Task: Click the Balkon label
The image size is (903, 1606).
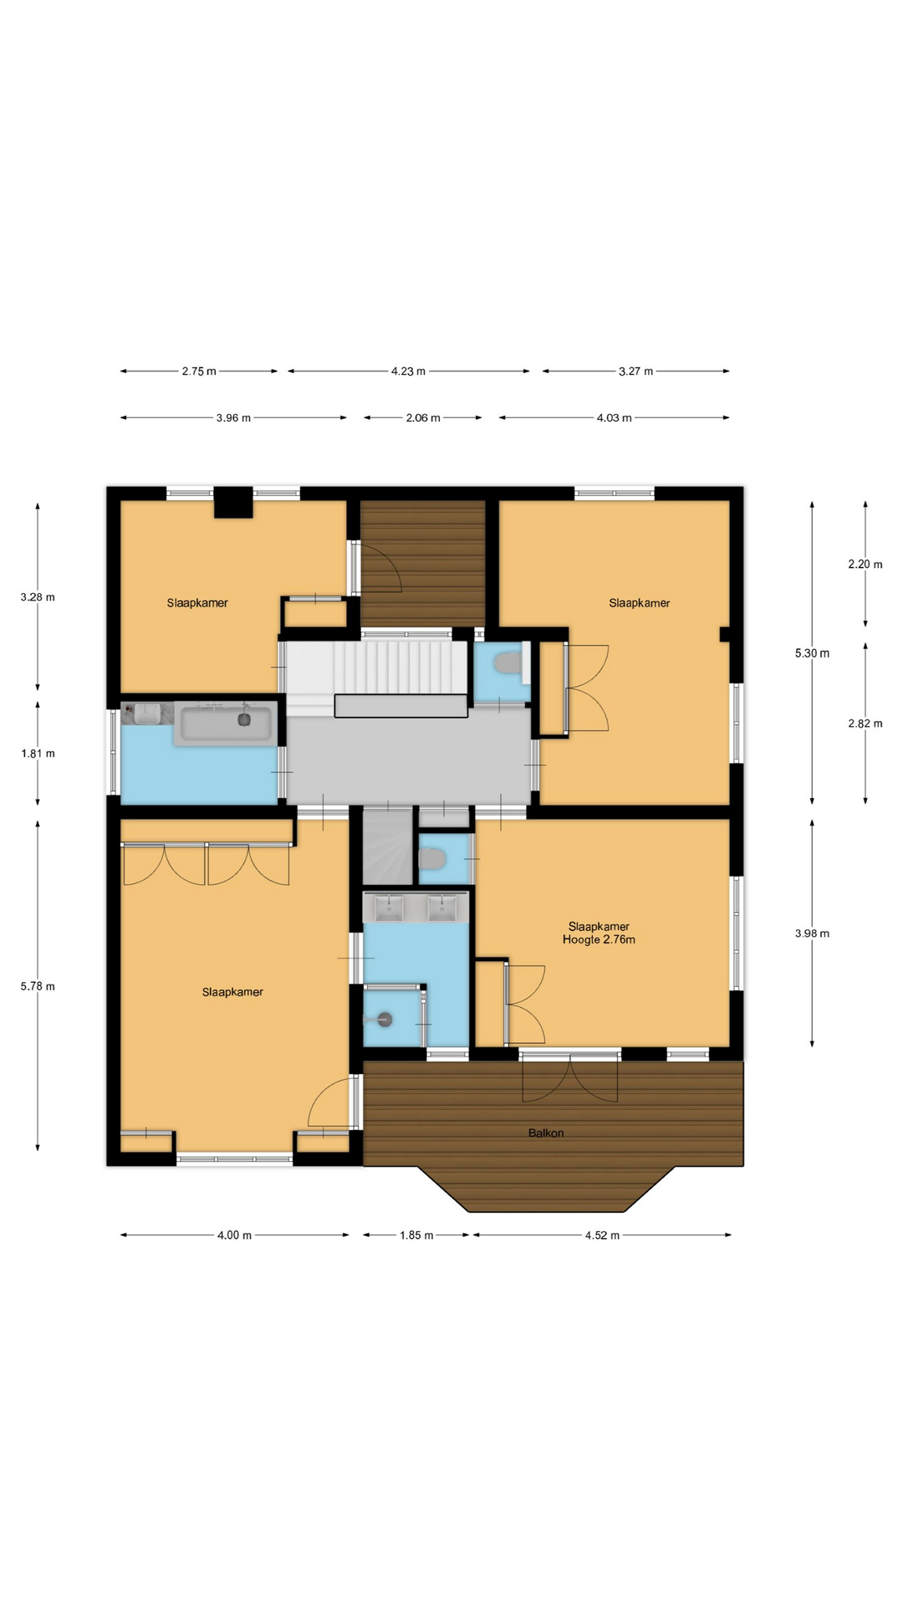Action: coord(546,1133)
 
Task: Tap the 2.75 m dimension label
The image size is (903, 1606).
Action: coord(199,371)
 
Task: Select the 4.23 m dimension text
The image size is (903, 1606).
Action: coord(408,371)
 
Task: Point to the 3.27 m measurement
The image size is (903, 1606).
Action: coord(635,371)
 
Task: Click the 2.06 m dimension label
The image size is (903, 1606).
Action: coord(423,418)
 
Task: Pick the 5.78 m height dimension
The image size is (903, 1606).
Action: coord(38,986)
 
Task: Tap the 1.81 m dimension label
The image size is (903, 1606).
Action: coord(38,754)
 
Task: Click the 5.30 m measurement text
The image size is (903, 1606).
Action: coord(812,653)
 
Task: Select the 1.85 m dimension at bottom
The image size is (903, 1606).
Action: coord(416,1235)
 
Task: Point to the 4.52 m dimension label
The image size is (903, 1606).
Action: coord(602,1235)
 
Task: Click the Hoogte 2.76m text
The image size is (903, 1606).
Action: coord(599,939)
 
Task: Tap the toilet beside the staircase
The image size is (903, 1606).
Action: coord(507,664)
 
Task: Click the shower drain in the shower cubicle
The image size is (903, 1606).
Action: coord(385,1019)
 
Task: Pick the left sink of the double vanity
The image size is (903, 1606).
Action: coord(389,908)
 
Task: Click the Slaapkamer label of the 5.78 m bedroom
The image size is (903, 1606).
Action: coord(232,992)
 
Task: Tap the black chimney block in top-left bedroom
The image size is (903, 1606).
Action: coord(233,503)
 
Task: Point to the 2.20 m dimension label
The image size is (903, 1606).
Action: coord(865,565)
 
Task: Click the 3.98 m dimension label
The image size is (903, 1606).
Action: coord(812,933)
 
